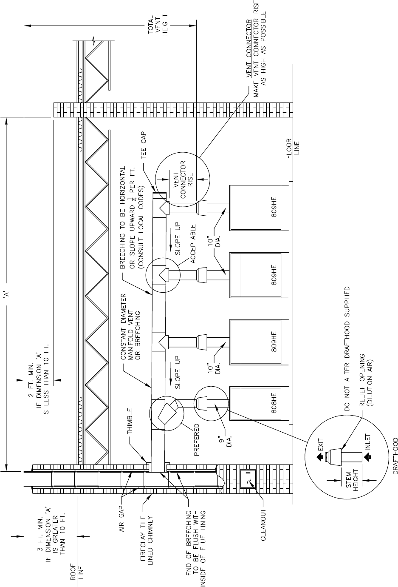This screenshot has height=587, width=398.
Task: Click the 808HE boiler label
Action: point(274,403)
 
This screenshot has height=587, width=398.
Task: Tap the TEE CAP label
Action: point(144,145)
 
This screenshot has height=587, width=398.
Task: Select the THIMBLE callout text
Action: point(130,421)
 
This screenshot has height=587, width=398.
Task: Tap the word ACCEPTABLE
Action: point(193,244)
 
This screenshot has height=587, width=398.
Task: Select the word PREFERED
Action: point(197,440)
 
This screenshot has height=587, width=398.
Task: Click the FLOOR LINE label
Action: point(293,148)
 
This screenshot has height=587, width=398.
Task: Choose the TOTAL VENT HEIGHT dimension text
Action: point(158,25)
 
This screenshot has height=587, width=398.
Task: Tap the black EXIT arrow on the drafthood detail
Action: point(319,458)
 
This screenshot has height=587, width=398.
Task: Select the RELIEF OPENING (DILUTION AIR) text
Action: point(366,380)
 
